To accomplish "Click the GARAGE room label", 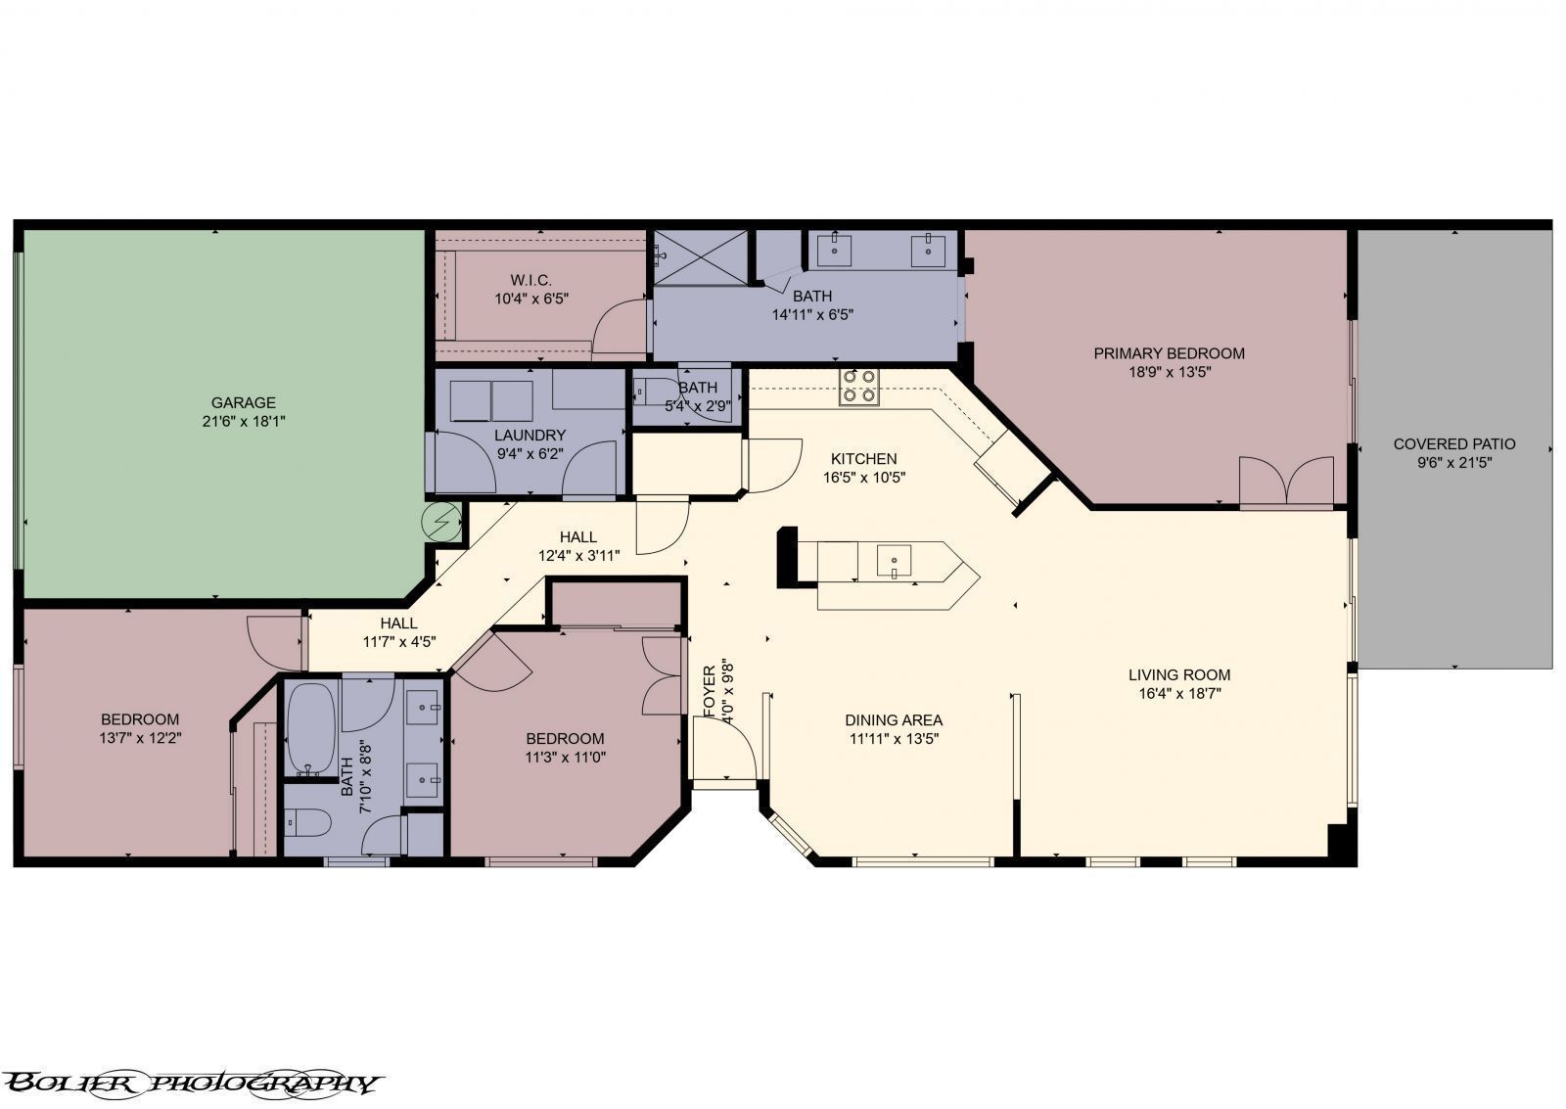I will tap(243, 402).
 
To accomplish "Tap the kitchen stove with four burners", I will tap(859, 386).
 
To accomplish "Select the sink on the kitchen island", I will tap(894, 563).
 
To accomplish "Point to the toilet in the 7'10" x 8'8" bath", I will tap(306, 823).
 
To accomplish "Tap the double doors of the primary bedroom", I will tap(1286, 481).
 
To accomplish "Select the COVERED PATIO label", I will tap(1453, 444).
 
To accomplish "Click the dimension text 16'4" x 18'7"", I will tap(1178, 693).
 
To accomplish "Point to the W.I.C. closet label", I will tap(530, 281).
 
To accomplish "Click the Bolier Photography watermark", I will tap(191, 1083).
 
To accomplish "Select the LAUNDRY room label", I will tap(530, 435).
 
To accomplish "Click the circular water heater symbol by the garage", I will tap(441, 520).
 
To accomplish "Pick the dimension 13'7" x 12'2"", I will tap(140, 738).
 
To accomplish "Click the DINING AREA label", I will tap(893, 720).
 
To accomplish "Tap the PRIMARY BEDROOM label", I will tap(1169, 353).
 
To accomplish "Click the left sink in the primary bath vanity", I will tap(834, 249).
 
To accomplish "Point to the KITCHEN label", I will tap(863, 458).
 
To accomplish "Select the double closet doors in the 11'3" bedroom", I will tap(663, 675).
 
